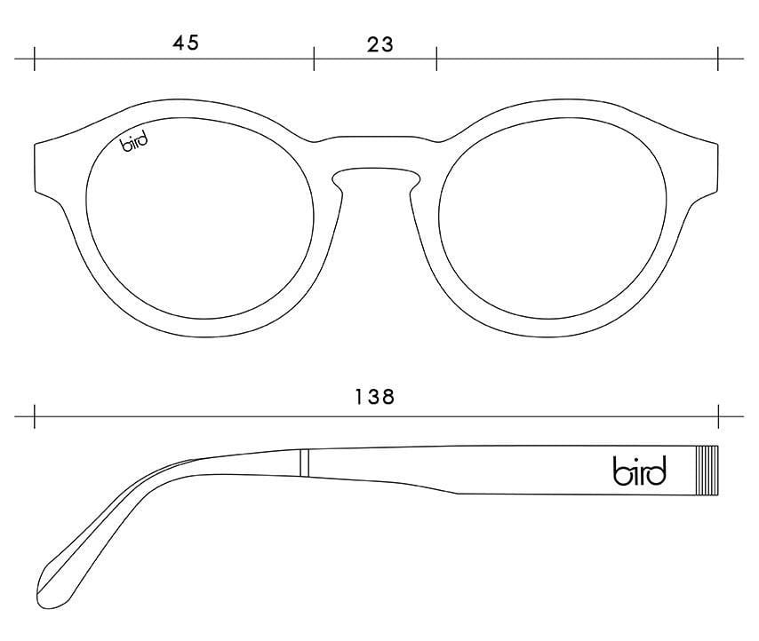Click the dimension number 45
(186, 43)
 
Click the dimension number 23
(380, 45)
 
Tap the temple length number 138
(375, 397)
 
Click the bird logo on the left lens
(133, 143)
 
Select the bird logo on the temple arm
(640, 470)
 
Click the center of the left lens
(200, 218)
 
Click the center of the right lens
(552, 218)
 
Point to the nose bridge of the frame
(376, 152)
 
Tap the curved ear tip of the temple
(53, 580)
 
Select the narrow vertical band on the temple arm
(304, 463)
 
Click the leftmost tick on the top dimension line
(35, 59)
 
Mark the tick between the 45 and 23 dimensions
(314, 59)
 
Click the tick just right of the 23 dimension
(436, 59)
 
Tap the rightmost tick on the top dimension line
(718, 59)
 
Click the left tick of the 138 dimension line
(35, 416)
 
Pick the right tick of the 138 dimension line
(718, 416)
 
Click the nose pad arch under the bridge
(376, 170)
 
